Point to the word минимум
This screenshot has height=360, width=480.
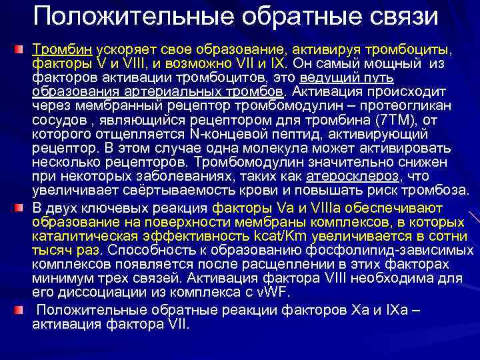tap(61, 277)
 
